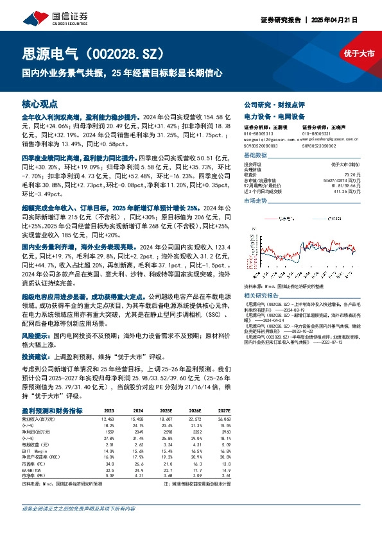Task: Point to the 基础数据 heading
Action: coord(256,156)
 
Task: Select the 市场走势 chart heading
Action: coord(256,201)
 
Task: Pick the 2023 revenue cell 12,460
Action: coord(107,418)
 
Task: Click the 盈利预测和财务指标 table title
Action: coord(51,410)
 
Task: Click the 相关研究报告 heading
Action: coord(263,277)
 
